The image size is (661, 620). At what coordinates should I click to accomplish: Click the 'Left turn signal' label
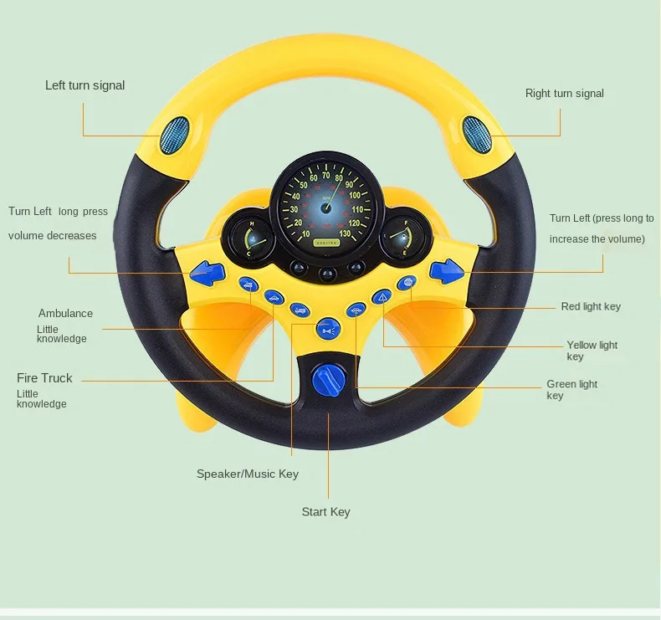click(x=85, y=85)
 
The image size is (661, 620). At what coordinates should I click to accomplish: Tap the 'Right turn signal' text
click(x=564, y=94)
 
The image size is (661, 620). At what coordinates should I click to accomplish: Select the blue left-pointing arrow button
click(x=207, y=271)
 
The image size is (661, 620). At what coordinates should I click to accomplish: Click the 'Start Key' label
click(x=325, y=512)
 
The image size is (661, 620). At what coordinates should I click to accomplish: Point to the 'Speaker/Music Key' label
click(x=247, y=474)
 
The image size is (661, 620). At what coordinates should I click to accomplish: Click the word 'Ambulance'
click(x=65, y=314)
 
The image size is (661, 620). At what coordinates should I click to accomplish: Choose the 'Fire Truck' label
click(x=44, y=378)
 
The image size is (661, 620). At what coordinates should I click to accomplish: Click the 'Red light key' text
click(x=591, y=307)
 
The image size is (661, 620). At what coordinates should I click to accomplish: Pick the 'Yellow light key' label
click(x=592, y=350)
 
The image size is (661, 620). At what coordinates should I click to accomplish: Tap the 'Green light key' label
click(x=571, y=389)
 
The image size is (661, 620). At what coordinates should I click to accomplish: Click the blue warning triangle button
click(x=382, y=295)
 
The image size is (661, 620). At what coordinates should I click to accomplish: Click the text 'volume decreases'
click(x=53, y=236)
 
